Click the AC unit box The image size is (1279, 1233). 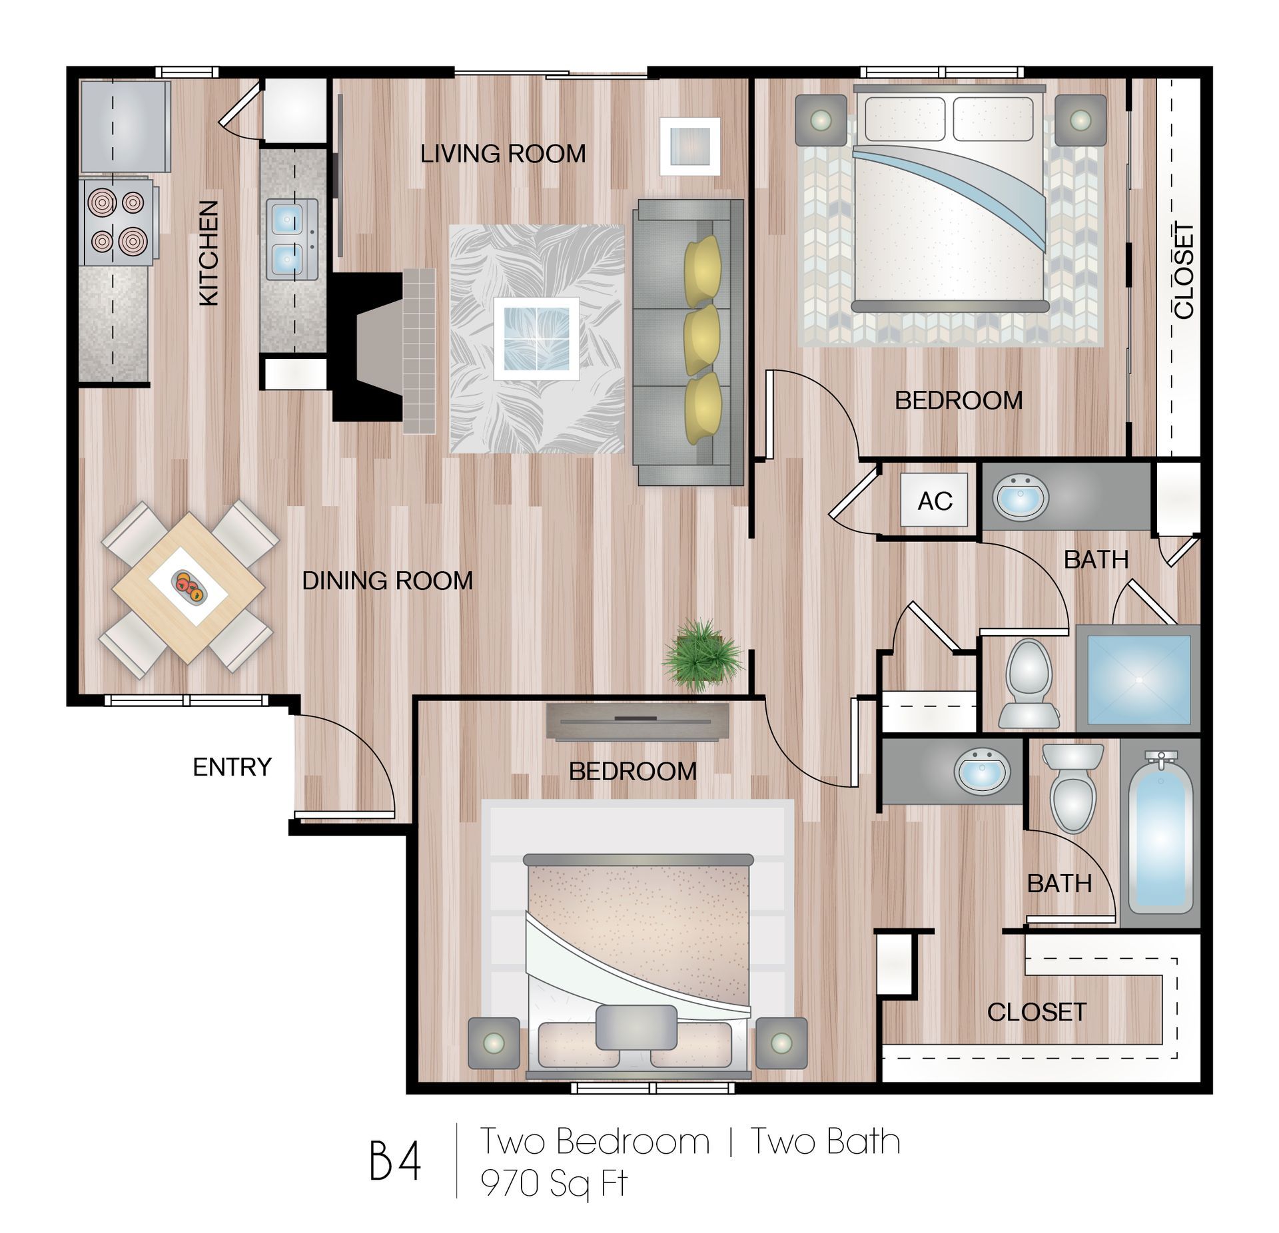point(934,500)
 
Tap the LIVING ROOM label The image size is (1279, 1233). point(502,154)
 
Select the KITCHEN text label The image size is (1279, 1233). point(209,254)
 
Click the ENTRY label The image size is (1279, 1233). point(232,767)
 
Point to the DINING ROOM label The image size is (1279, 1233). point(387,581)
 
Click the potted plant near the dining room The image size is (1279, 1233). point(701,655)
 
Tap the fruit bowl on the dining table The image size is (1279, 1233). point(189,586)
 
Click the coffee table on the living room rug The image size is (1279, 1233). point(536,338)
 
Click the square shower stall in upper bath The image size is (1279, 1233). point(1138,679)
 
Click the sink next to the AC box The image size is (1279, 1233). point(1021,497)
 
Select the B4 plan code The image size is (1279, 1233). point(396,1162)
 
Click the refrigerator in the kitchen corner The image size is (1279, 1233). point(124,126)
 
